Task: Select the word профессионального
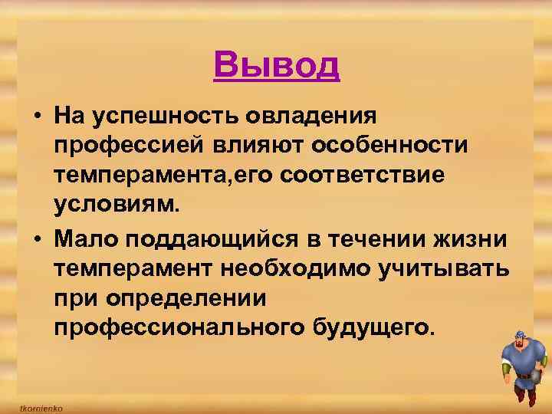click(x=179, y=327)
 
